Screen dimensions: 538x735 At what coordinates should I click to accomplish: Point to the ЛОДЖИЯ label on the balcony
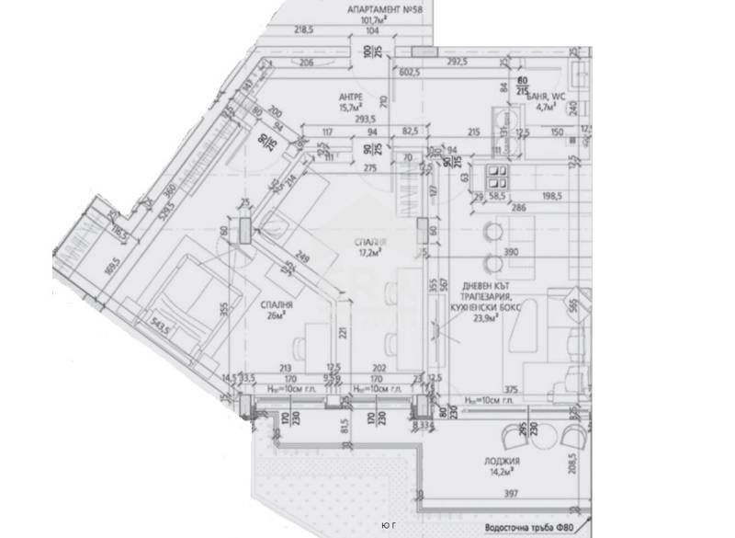click(505, 463)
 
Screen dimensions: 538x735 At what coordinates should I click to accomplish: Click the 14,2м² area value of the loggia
click(505, 475)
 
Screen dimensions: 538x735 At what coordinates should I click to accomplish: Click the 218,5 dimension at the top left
click(304, 30)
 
